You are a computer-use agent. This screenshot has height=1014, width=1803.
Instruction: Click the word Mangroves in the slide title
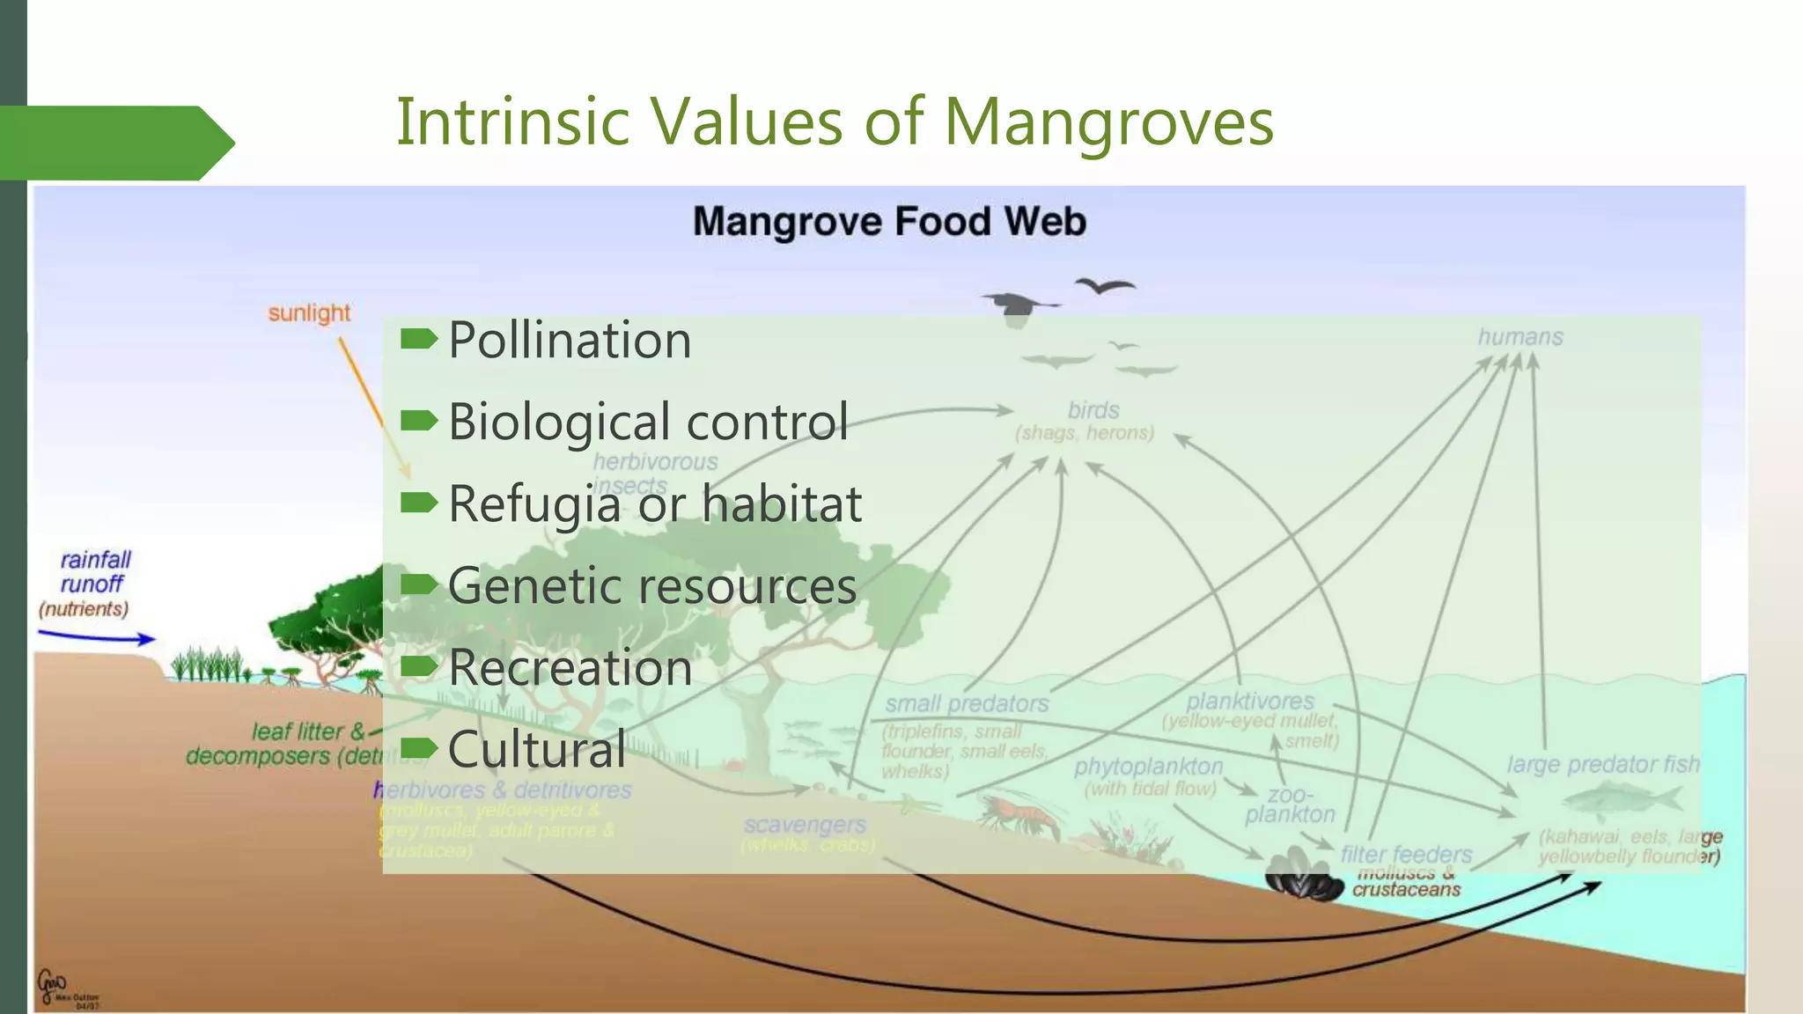pyautogui.click(x=1108, y=121)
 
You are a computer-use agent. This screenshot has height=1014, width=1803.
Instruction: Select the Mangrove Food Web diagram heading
pyautogui.click(x=889, y=221)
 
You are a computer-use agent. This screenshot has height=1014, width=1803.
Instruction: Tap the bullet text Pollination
pyautogui.click(x=570, y=340)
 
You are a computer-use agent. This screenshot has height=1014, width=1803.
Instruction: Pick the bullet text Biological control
pyautogui.click(x=648, y=422)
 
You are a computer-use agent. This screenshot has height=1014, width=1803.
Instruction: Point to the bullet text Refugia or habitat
pyautogui.click(x=655, y=503)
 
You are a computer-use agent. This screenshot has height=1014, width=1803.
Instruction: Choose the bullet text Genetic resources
pyautogui.click(x=652, y=585)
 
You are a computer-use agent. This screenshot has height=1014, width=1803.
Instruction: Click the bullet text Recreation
pyautogui.click(x=570, y=667)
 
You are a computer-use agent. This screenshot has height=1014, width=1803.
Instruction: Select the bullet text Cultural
pyautogui.click(x=537, y=749)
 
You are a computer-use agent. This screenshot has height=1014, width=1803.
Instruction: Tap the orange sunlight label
pyautogui.click(x=309, y=313)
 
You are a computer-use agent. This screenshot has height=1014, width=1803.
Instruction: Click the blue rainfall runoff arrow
pyautogui.click(x=97, y=637)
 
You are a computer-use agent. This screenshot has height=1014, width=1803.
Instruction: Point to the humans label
pyautogui.click(x=1520, y=337)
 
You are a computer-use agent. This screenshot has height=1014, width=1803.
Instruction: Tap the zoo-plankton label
pyautogui.click(x=1290, y=805)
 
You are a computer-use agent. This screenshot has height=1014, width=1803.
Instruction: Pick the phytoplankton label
pyautogui.click(x=1148, y=767)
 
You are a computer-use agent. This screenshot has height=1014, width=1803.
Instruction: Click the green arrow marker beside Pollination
pyautogui.click(x=418, y=339)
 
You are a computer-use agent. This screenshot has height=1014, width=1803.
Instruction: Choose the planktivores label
pyautogui.click(x=1249, y=702)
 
